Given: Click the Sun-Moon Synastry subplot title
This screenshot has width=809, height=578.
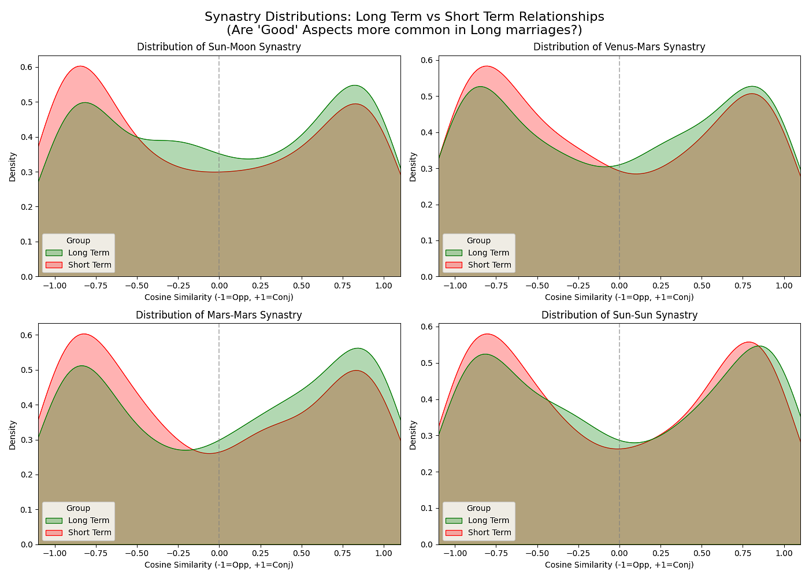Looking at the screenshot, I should (219, 47).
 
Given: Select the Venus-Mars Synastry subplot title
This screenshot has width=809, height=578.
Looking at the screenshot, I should (619, 47).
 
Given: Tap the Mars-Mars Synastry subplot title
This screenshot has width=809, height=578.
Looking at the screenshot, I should (219, 315).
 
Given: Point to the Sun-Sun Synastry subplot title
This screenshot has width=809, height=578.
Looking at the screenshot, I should (619, 315).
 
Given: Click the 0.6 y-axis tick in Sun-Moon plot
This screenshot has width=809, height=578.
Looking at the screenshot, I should (27, 67).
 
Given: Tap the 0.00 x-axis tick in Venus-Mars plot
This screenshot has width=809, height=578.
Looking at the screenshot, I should (619, 285).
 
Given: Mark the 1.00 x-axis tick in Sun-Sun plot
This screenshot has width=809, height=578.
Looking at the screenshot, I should (784, 553).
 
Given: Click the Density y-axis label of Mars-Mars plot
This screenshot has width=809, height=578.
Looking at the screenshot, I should (13, 434).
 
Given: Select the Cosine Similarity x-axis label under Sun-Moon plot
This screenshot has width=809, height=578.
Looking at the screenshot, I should (219, 297).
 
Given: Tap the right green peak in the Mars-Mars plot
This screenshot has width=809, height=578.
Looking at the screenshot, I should (358, 349).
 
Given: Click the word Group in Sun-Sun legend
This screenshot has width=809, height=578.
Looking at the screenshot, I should (478, 508).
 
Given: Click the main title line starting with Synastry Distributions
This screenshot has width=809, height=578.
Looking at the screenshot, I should (404, 17).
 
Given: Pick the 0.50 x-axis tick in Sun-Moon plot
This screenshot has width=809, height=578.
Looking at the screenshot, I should (301, 285).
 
